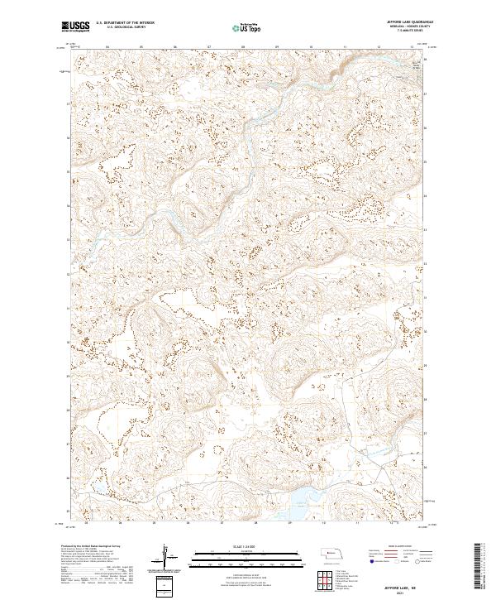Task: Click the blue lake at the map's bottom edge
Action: (x=303, y=496)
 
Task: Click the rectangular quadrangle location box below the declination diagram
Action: (x=169, y=583)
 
